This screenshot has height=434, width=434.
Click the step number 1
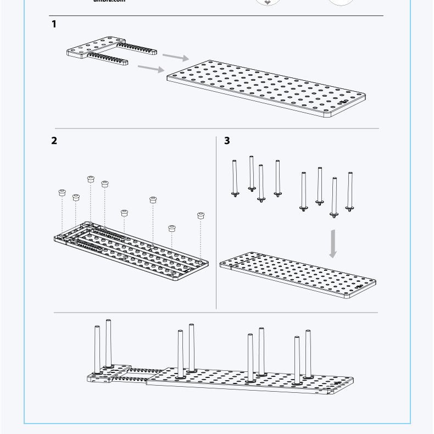(54, 24)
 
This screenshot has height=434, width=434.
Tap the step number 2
(54, 140)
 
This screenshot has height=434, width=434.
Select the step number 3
(227, 141)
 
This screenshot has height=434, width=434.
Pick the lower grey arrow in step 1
(151, 68)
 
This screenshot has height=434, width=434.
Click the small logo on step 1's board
(343, 102)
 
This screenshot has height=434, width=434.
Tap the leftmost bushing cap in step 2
(62, 193)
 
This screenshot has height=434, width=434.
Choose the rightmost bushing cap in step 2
(201, 215)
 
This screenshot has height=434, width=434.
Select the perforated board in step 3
(297, 275)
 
